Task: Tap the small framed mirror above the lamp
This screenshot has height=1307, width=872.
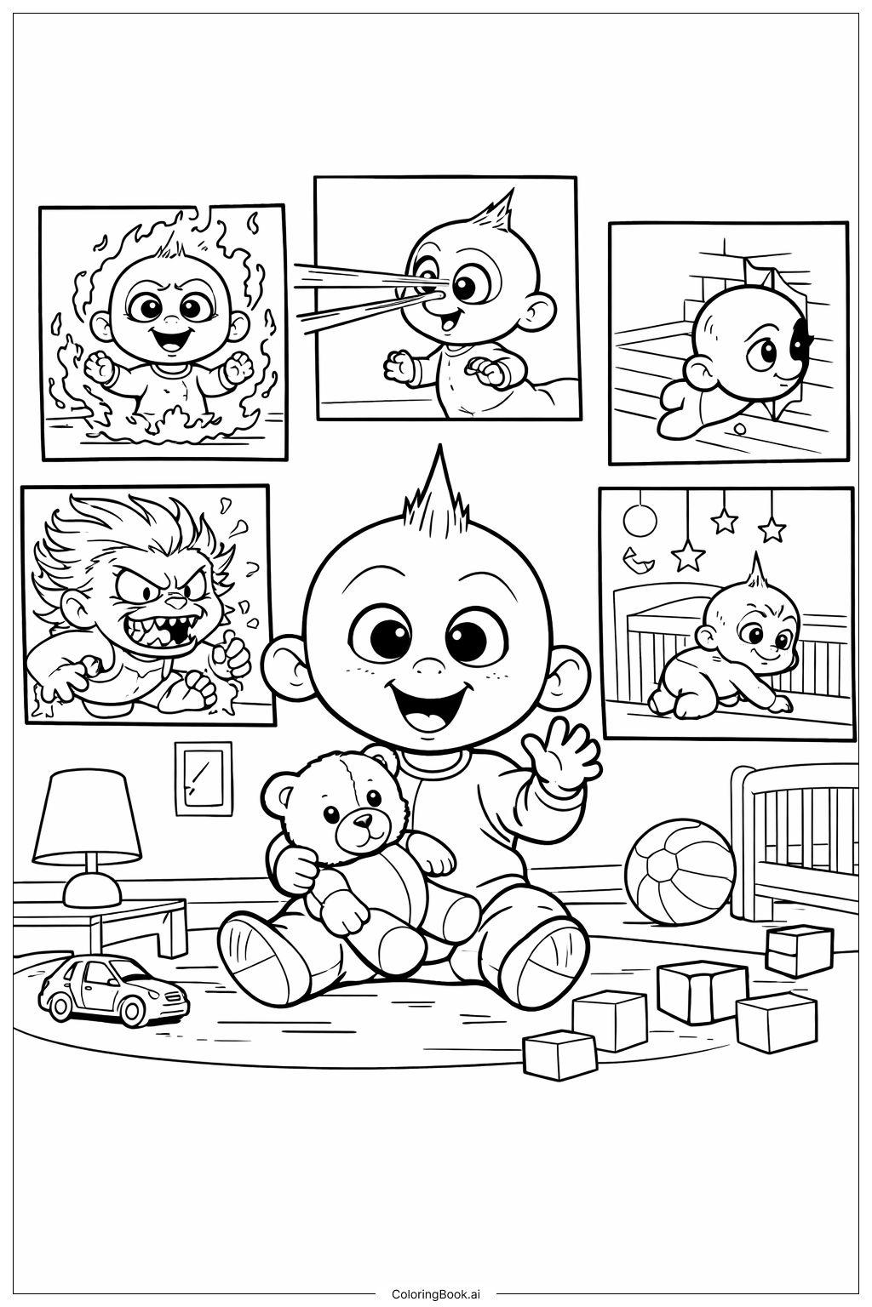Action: pos(203,777)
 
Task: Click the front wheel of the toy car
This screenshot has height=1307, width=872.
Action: pos(134,1010)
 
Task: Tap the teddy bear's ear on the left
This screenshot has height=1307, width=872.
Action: pos(282,792)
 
